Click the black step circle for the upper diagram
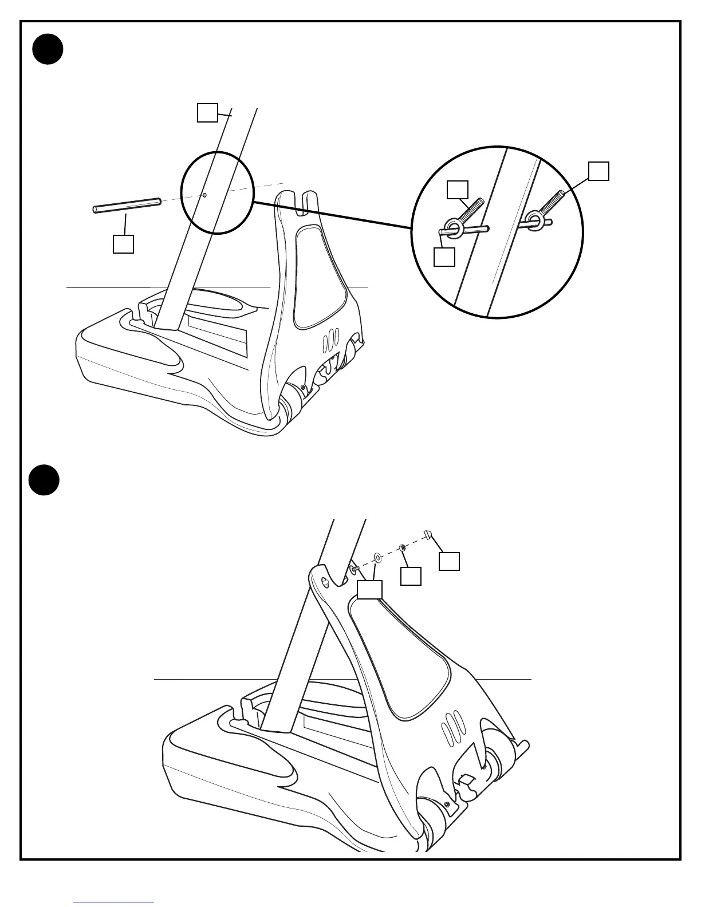(48, 49)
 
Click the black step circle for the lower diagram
(44, 480)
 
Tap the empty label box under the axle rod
(123, 243)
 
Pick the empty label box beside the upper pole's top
(207, 112)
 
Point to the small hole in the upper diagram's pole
(204, 195)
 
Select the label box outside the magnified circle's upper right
(598, 171)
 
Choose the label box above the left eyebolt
(458, 190)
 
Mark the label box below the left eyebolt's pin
(444, 257)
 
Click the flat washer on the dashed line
(377, 556)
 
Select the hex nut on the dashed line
(403, 547)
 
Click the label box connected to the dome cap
(449, 561)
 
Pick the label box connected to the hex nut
(411, 576)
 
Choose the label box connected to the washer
(370, 590)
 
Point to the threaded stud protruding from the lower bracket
(355, 569)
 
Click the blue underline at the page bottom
(113, 902)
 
